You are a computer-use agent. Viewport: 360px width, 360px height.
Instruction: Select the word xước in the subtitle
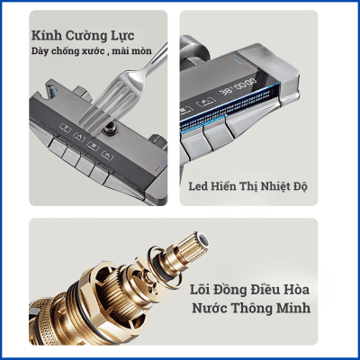[87, 51]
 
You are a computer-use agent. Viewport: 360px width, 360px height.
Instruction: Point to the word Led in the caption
[199, 186]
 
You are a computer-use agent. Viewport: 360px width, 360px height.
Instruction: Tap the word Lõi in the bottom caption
[200, 290]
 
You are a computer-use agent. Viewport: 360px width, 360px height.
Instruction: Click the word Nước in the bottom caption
[210, 308]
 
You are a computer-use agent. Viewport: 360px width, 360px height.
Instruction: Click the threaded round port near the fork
[109, 130]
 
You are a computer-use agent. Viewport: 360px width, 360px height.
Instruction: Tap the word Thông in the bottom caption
[252, 308]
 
